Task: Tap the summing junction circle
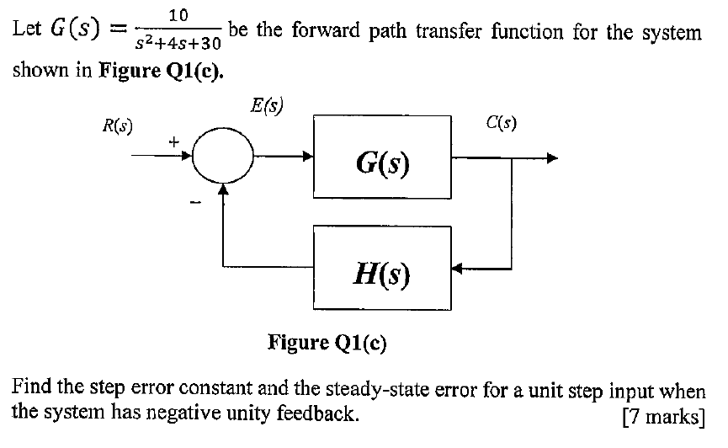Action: click(222, 157)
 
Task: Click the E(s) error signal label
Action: click(268, 106)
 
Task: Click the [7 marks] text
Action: click(661, 415)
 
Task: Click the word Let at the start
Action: click(27, 33)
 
